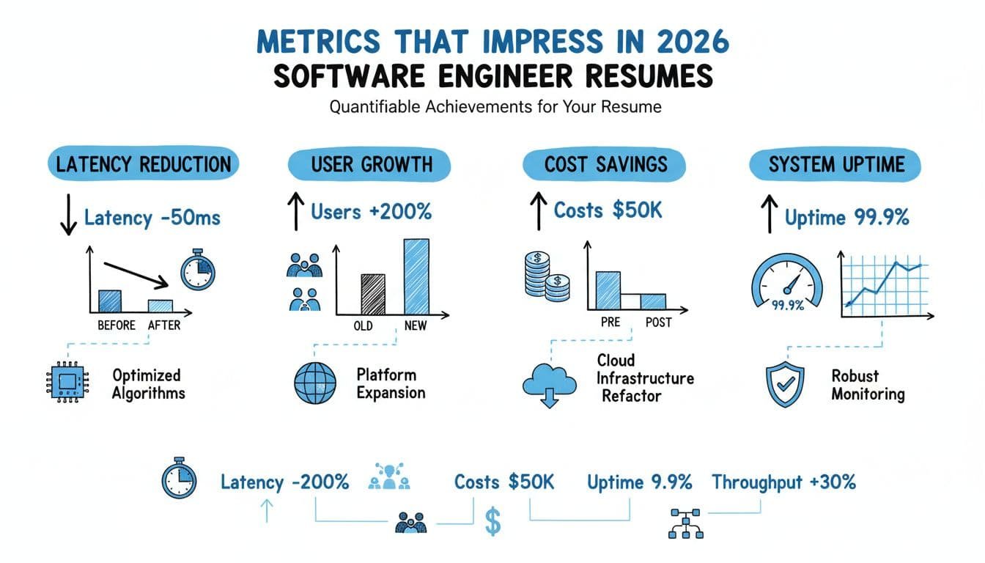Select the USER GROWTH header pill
coord(371,163)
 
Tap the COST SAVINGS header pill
coord(605,163)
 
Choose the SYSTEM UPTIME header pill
coord(835,163)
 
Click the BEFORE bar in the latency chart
coord(110,301)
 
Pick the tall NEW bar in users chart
coord(416,277)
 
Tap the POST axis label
coord(658,323)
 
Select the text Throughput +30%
coord(783,482)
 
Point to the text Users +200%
coord(371,213)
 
